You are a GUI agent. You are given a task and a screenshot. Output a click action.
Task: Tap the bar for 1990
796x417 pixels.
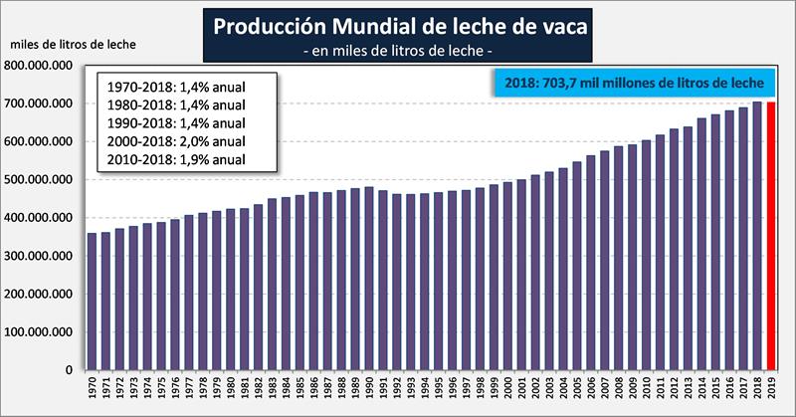click(x=369, y=278)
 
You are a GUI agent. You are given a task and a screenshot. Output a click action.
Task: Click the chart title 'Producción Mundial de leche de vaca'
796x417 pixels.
click(x=398, y=27)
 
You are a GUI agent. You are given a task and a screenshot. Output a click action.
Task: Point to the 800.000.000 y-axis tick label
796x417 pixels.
click(x=41, y=66)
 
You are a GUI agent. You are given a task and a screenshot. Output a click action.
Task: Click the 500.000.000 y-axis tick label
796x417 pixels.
click(x=41, y=180)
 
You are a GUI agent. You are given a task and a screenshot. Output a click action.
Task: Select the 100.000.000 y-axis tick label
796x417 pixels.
click(x=41, y=332)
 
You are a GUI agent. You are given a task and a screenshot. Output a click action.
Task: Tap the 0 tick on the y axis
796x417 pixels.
click(x=70, y=370)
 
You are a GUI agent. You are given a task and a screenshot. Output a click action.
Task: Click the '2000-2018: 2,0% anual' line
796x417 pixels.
click(x=175, y=140)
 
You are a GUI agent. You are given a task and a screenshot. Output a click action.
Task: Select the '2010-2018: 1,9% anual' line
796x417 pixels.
click(x=175, y=159)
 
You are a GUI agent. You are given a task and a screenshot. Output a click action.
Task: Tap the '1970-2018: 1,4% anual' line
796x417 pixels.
click(x=175, y=84)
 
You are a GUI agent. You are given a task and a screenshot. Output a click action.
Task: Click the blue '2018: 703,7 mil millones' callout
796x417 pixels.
click(x=634, y=85)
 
